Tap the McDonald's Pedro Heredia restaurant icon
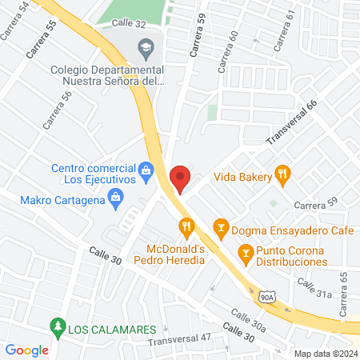tap(187, 227)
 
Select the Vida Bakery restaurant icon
tap(282, 173)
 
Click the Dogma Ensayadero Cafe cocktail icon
tap(221, 228)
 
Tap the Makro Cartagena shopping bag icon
tap(117, 199)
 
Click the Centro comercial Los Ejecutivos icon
tap(146, 169)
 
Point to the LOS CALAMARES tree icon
tap(57, 326)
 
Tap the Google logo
tap(27, 350)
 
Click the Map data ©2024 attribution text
tap(324, 353)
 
